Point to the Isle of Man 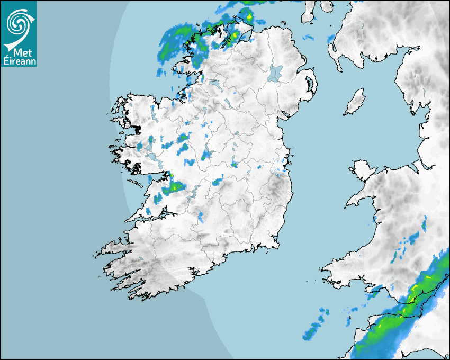click(x=355, y=102)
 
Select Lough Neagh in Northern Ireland click(x=275, y=73)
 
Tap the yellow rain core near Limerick click(x=175, y=187)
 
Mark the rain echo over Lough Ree click(x=205, y=155)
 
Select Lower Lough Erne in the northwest click(x=214, y=84)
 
